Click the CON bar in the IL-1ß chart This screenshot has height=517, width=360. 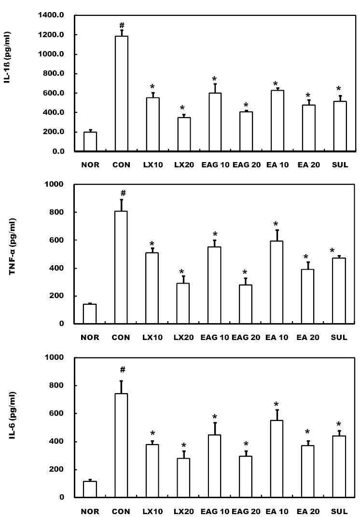[122, 94]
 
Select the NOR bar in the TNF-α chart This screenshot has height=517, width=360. [89, 314]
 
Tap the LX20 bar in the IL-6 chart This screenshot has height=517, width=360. [183, 478]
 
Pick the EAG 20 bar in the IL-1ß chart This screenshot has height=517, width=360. [246, 132]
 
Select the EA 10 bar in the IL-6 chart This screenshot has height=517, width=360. [277, 459]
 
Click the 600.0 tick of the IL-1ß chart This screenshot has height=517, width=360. [53, 93]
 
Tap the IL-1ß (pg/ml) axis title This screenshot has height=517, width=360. [7, 57]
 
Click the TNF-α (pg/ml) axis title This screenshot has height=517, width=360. [12, 246]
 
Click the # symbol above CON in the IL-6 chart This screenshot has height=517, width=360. [123, 369]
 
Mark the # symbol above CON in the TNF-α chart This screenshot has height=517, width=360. [123, 193]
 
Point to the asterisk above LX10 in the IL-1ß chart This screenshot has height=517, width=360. [152, 87]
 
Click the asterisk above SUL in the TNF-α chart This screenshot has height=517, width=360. [332, 251]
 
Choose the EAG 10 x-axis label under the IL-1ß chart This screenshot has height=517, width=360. [215, 164]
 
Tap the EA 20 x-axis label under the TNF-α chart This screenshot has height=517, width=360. [308, 337]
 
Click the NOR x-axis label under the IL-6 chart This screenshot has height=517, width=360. [90, 511]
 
